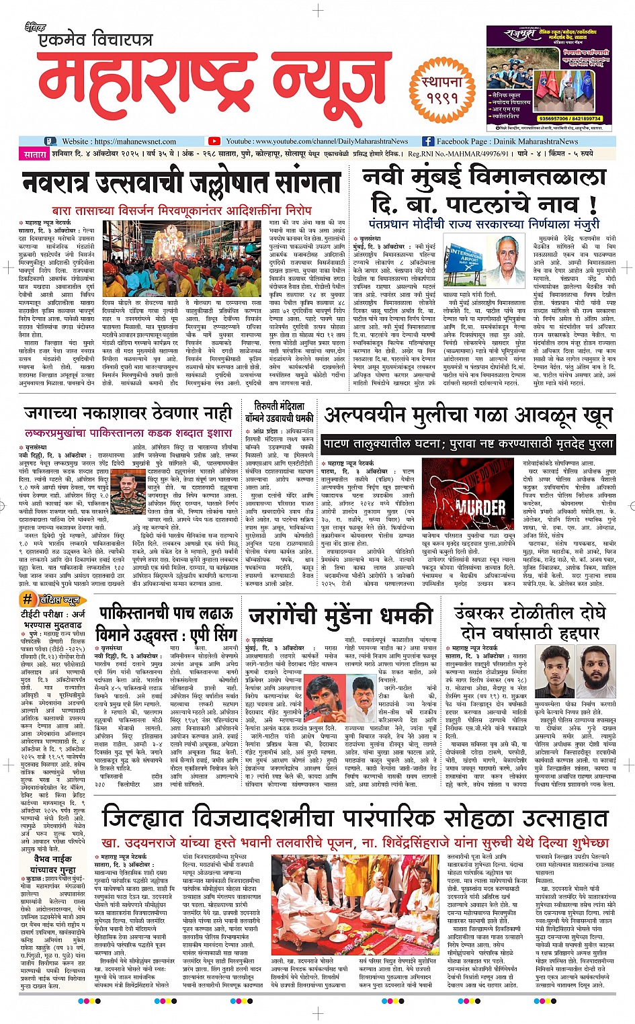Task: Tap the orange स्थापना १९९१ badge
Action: tap(442, 90)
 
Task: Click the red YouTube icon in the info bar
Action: tap(214, 141)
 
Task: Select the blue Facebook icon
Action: tap(427, 141)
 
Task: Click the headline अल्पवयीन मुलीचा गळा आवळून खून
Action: tap(468, 415)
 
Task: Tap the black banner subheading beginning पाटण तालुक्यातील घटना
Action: tap(468, 443)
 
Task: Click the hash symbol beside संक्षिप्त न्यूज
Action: tap(28, 599)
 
